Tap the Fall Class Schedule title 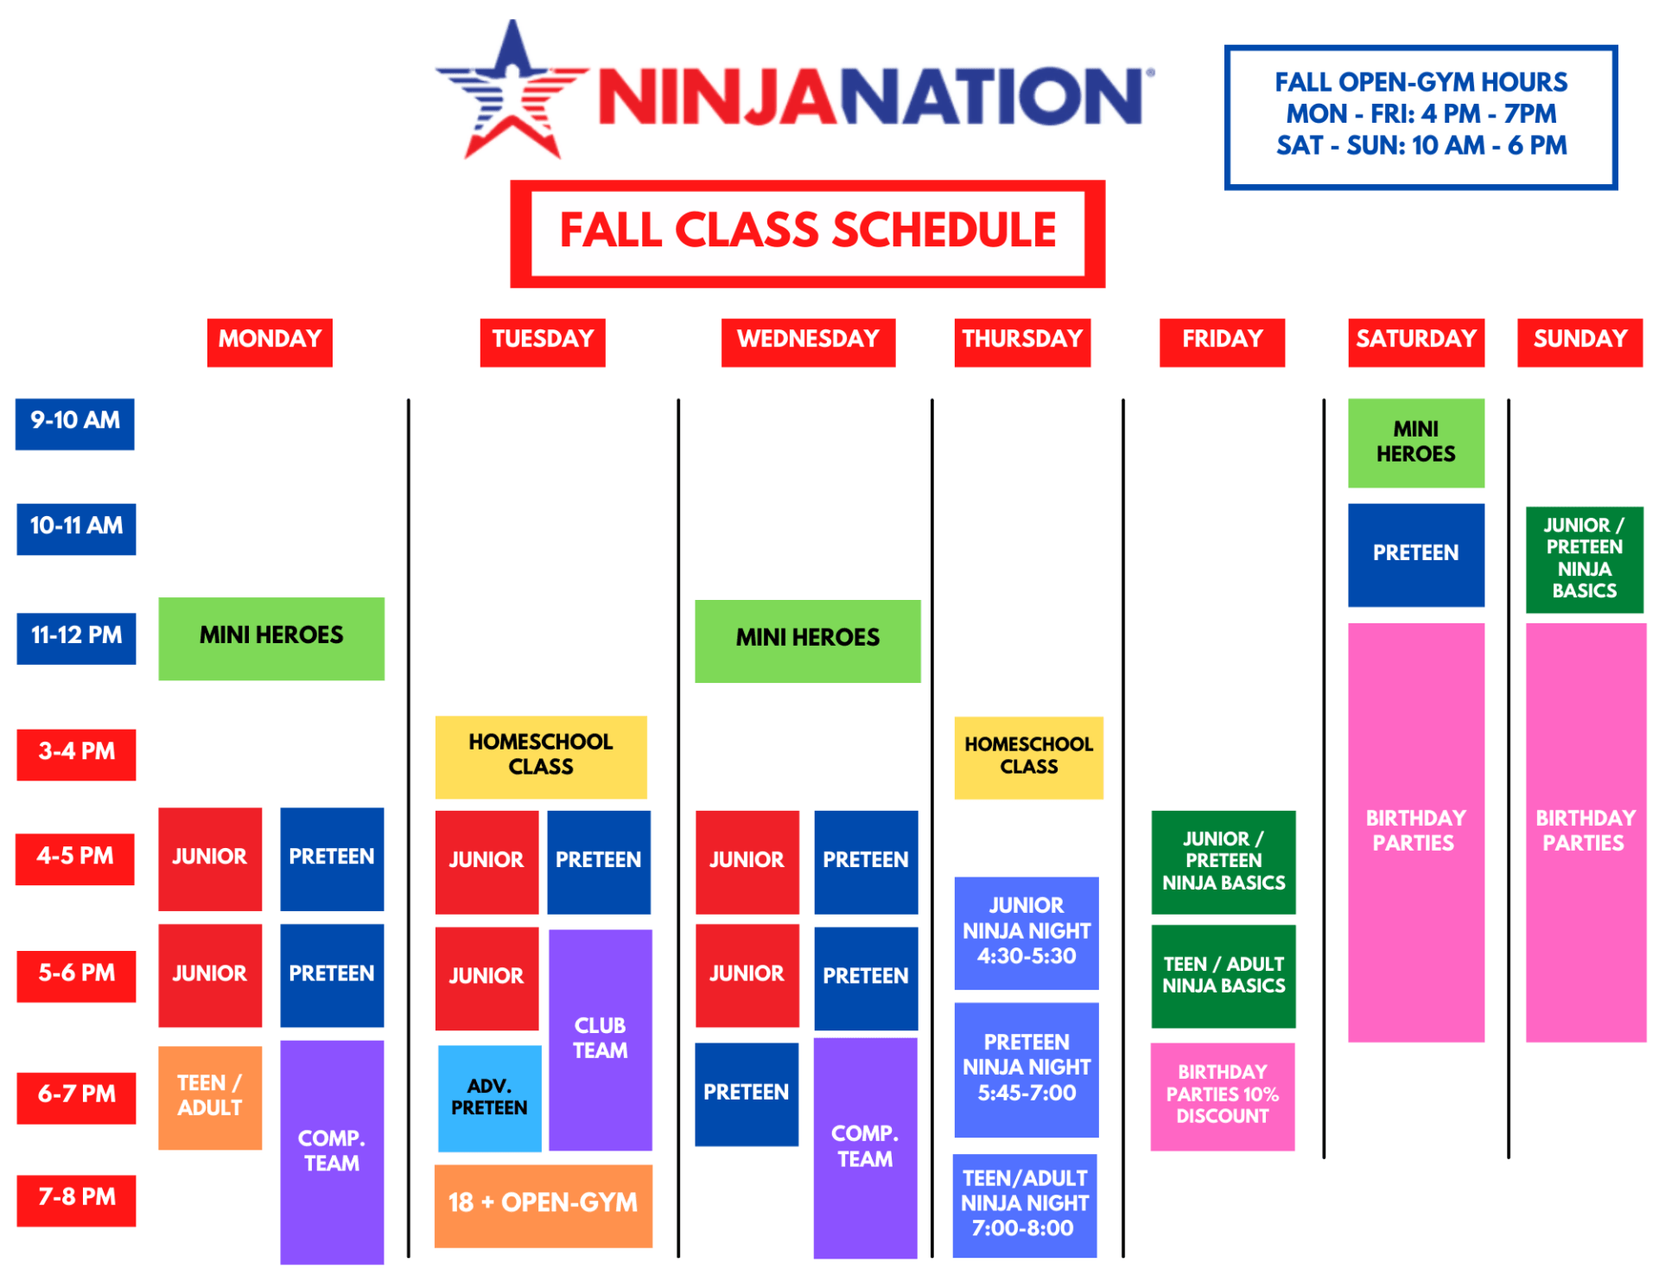808,232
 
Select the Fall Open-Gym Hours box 1420,116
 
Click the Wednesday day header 808,341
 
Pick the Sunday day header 1580,341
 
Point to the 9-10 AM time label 75,423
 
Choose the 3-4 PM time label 76,753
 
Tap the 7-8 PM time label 76,1199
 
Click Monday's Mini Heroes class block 271,637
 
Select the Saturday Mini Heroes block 1415,442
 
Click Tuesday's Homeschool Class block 541,756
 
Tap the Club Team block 601,1039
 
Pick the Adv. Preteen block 489,1098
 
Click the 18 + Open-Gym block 543,1204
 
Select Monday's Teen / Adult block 210,1096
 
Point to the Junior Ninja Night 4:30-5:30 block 1026,932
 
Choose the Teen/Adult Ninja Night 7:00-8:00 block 1024,1204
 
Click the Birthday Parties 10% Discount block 1222,1096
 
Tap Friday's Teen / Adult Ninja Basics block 1223,975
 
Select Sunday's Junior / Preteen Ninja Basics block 1584,558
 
